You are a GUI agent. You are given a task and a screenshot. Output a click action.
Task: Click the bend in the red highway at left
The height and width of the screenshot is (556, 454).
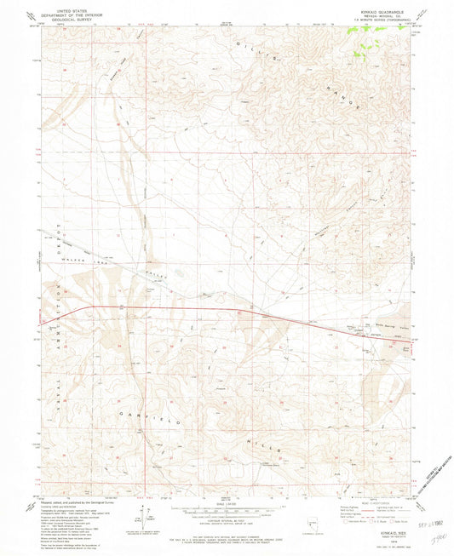point(91,306)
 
